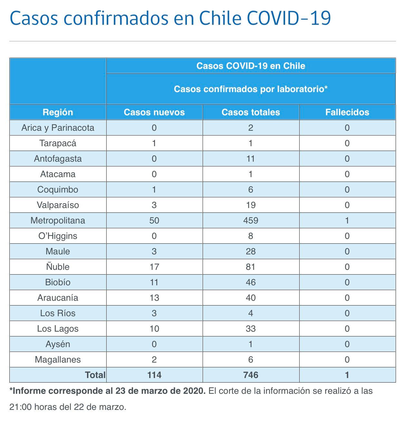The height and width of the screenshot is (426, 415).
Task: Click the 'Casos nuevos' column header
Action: (154, 112)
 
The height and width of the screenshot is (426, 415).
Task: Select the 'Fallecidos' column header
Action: (347, 112)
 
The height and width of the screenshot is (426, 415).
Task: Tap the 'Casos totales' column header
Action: (251, 112)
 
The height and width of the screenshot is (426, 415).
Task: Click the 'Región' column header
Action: (58, 112)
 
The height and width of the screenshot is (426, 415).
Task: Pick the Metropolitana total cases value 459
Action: (251, 221)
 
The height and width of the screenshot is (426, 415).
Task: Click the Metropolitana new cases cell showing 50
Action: (154, 221)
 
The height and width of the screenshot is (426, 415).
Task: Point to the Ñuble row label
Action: (58, 266)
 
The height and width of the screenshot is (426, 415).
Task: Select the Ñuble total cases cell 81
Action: (251, 267)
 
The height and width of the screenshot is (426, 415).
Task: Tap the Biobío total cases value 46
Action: (251, 282)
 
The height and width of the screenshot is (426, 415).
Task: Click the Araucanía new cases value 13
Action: (154, 298)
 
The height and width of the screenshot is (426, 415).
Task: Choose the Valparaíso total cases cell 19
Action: (251, 205)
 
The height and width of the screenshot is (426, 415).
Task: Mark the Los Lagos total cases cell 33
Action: (251, 328)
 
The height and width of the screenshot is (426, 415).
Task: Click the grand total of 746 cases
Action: (251, 375)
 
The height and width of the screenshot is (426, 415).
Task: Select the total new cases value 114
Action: (154, 375)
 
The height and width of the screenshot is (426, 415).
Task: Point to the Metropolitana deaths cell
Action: (347, 221)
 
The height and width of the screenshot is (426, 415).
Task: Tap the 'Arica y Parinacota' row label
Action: (58, 128)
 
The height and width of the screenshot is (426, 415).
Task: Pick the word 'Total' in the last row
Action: (95, 375)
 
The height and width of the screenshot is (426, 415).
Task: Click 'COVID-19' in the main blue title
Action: (289, 18)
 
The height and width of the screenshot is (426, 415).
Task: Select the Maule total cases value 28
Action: (251, 251)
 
